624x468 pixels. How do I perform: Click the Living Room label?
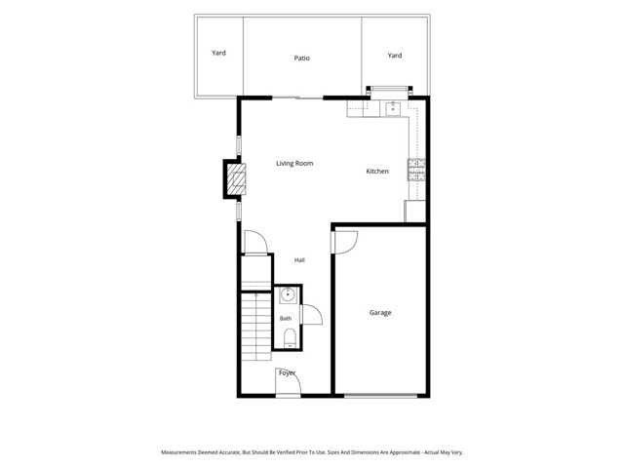click(294, 163)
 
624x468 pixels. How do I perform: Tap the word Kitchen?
click(377, 172)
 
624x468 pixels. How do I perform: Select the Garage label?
click(380, 313)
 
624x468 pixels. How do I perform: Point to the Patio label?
click(301, 58)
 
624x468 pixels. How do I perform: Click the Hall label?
click(299, 260)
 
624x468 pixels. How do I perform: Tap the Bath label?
click(286, 319)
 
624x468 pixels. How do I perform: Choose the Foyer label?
click(287, 372)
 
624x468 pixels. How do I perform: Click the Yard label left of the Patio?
click(218, 53)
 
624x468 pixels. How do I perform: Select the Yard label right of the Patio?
click(394, 56)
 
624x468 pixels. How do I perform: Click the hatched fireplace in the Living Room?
click(236, 179)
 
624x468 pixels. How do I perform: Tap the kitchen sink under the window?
click(393, 108)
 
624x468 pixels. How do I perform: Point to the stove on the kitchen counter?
click(416, 170)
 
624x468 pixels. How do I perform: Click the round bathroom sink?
click(288, 295)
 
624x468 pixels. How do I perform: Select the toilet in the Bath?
click(290, 337)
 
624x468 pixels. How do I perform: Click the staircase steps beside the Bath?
click(256, 327)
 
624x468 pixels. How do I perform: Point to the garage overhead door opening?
click(380, 396)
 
